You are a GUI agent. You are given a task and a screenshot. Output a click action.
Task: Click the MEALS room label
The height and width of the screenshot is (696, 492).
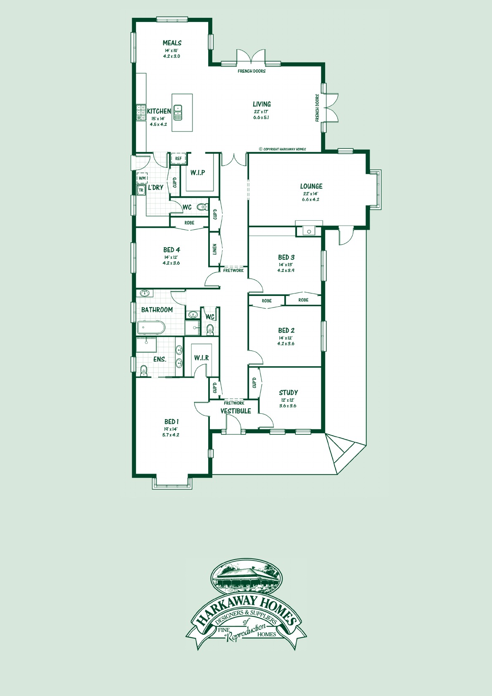pyautogui.click(x=172, y=43)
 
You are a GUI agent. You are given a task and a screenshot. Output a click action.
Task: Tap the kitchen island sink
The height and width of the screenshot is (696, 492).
pyautogui.click(x=178, y=112)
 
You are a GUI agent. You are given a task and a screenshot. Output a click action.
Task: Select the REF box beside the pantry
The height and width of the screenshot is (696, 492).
pyautogui.click(x=178, y=158)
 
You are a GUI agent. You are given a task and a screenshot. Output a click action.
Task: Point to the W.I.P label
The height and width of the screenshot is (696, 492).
pyautogui.click(x=198, y=172)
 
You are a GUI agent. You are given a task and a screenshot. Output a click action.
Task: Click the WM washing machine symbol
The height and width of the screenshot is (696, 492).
pyautogui.click(x=142, y=178)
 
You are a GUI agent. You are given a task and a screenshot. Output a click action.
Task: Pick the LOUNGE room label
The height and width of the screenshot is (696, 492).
pyautogui.click(x=311, y=186)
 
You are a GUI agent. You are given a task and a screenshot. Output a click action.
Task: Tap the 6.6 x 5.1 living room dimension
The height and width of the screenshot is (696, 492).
pyautogui.click(x=261, y=117)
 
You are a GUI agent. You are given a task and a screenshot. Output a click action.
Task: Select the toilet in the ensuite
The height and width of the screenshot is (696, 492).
pyautogui.click(x=143, y=370)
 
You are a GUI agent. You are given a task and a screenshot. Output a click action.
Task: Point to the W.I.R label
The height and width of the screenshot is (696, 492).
pyautogui.click(x=202, y=358)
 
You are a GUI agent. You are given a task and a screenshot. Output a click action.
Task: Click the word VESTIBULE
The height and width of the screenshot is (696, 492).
pyautogui.click(x=236, y=411)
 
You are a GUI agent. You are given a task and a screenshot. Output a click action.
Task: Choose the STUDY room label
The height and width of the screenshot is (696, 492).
pyautogui.click(x=288, y=393)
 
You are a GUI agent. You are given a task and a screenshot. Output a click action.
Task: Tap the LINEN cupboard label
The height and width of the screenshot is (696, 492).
pyautogui.click(x=215, y=249)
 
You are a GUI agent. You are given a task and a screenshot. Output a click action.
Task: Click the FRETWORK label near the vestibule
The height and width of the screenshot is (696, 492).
pyautogui.click(x=234, y=403)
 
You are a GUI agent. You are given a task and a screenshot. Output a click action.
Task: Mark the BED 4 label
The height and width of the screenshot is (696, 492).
pyautogui.click(x=171, y=250)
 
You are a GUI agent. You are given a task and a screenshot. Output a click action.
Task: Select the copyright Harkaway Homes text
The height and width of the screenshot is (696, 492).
pyautogui.click(x=282, y=149)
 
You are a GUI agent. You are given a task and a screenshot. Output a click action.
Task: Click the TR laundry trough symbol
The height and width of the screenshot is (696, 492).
pyautogui.click(x=141, y=190)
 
